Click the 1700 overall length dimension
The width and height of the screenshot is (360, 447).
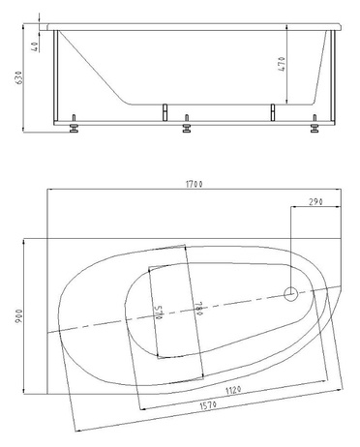point(195,184)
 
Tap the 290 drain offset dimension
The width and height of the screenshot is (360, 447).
point(315,202)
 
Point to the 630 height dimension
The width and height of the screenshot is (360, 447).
point(19,77)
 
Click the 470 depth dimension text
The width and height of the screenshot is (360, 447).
point(282,64)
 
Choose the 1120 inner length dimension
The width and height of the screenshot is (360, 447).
point(233,391)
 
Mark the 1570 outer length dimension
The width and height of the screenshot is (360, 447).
point(207,405)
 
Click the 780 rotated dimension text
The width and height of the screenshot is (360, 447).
point(197,309)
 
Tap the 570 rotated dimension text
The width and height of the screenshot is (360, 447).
point(159,313)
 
